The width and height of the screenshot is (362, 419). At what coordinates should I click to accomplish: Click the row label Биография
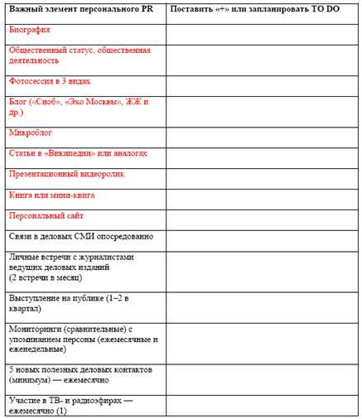[x=29, y=29]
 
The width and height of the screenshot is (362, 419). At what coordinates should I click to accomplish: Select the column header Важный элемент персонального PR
[x=75, y=7]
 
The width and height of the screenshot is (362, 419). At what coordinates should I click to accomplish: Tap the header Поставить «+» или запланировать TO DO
[x=249, y=7]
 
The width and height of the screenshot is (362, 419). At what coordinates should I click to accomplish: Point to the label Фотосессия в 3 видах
[x=50, y=82]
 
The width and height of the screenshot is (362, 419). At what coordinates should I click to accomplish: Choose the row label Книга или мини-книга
[x=51, y=195]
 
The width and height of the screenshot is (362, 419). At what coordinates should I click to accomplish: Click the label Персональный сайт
[x=47, y=215]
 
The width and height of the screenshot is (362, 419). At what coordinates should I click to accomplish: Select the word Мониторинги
[x=38, y=329]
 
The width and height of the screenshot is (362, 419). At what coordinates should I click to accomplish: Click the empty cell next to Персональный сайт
[x=263, y=218]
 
